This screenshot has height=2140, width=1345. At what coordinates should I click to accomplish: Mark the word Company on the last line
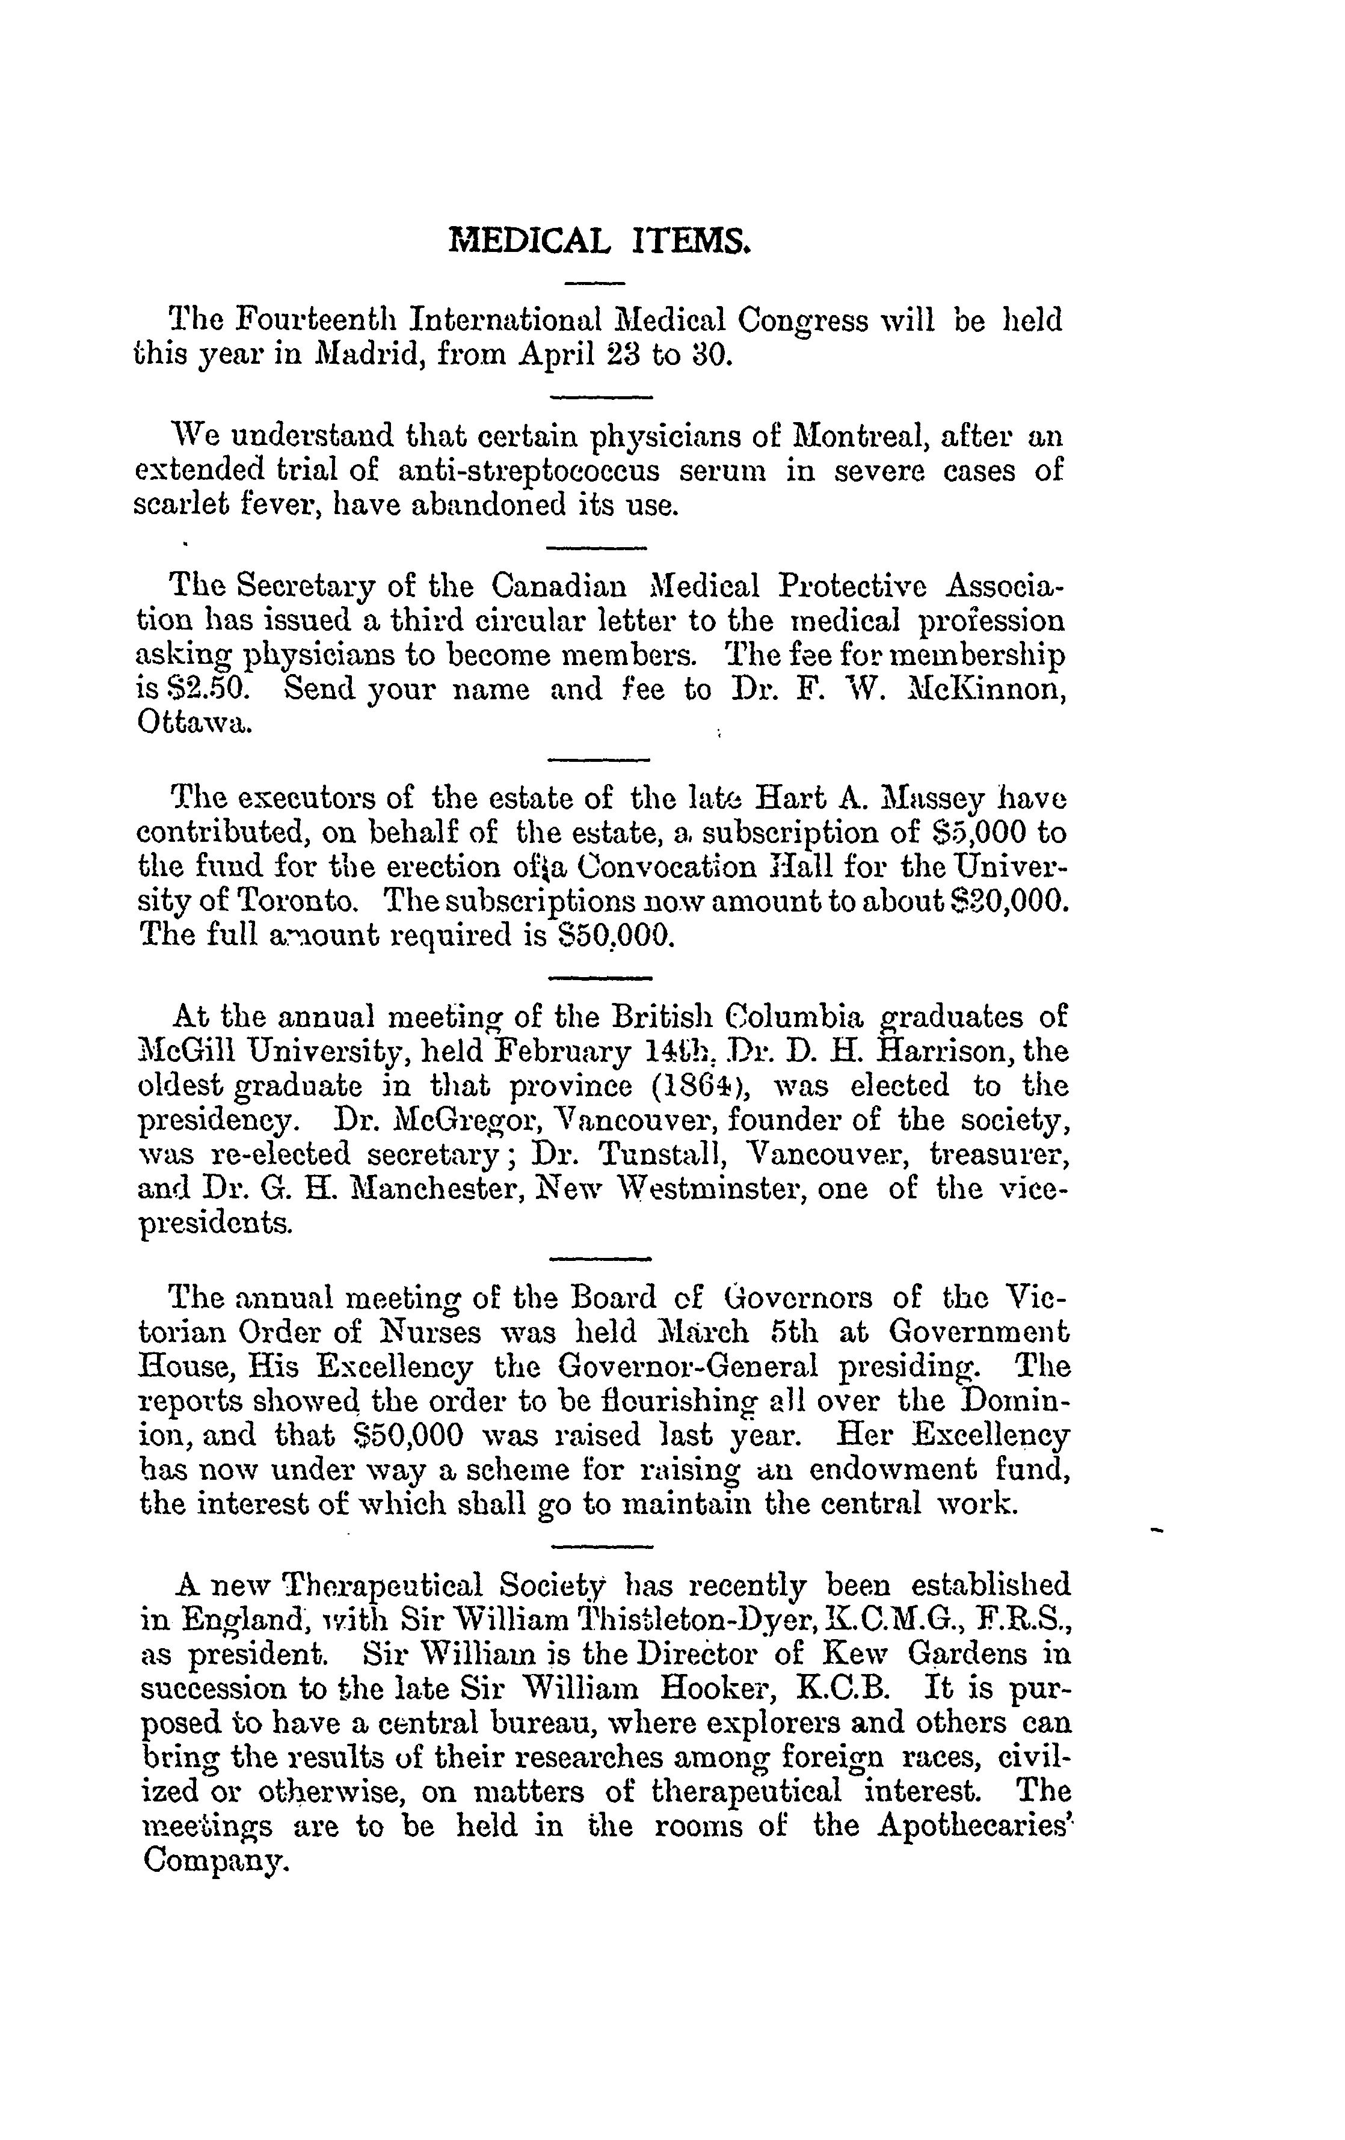tap(215, 1861)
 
